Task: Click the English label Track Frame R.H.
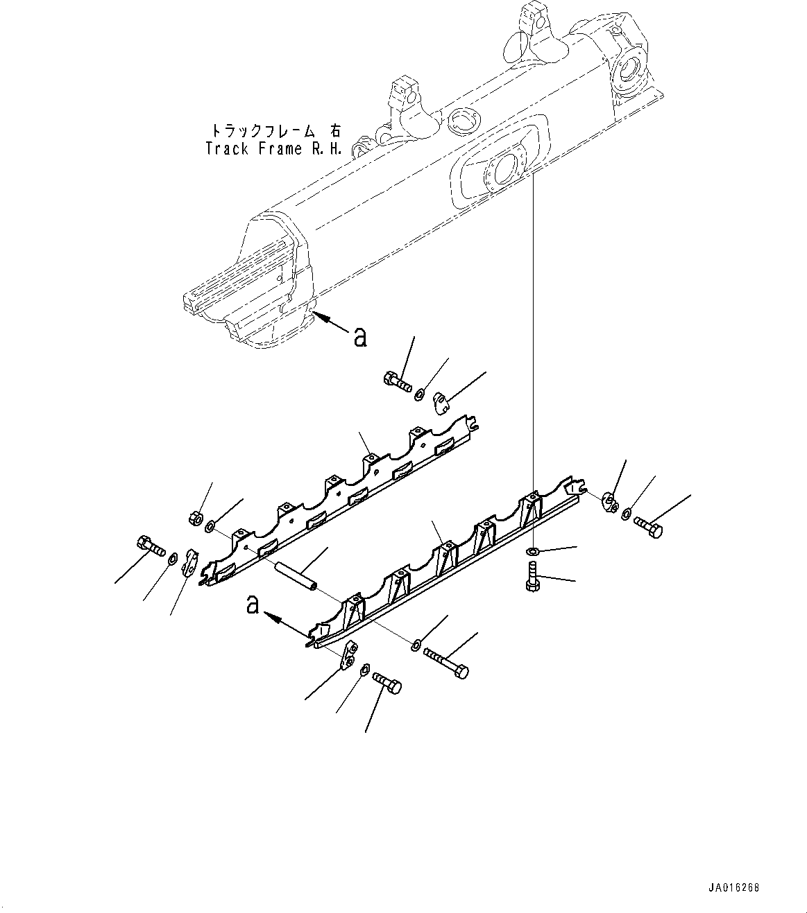tap(273, 148)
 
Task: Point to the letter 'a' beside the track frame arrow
tap(359, 338)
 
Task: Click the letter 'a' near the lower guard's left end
tap(253, 605)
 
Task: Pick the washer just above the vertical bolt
tap(533, 552)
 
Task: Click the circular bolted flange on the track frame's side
tap(500, 169)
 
